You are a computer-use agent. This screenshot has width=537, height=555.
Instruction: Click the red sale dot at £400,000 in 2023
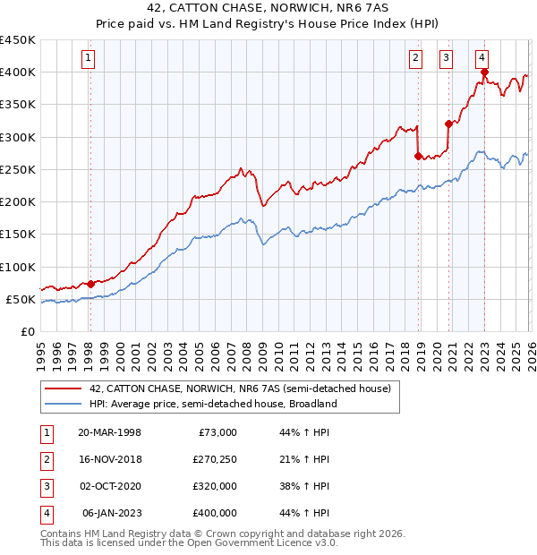(x=484, y=73)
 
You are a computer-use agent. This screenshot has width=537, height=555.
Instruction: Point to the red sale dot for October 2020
(x=448, y=124)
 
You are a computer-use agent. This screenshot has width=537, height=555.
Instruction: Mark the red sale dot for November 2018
(x=419, y=156)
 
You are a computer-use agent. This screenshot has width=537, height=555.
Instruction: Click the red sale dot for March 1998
(x=90, y=284)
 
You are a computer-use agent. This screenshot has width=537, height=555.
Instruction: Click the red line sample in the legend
(x=63, y=389)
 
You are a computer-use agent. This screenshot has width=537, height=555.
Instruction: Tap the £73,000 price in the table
(x=217, y=432)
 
